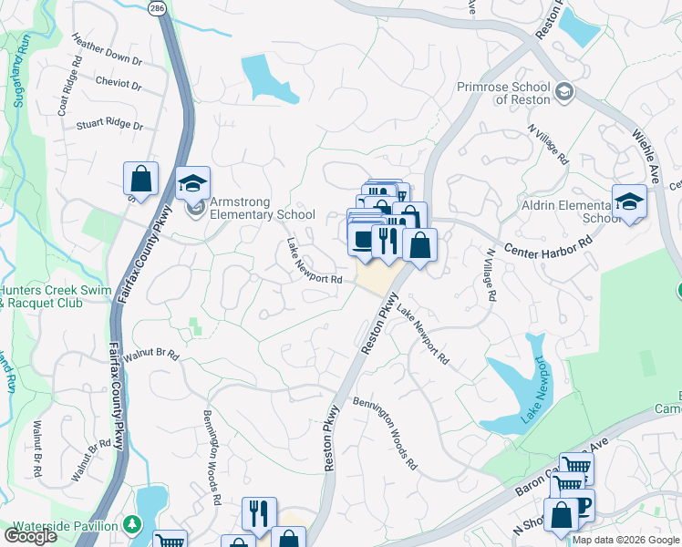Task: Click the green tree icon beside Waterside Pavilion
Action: [x=133, y=524]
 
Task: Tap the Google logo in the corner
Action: [x=30, y=536]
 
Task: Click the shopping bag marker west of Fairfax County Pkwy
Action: [x=140, y=179]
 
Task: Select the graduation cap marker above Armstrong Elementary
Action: [x=192, y=183]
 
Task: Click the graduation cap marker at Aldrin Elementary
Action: [x=629, y=201]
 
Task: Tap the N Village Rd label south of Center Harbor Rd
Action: [x=491, y=275]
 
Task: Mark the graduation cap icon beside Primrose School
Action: [x=564, y=90]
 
